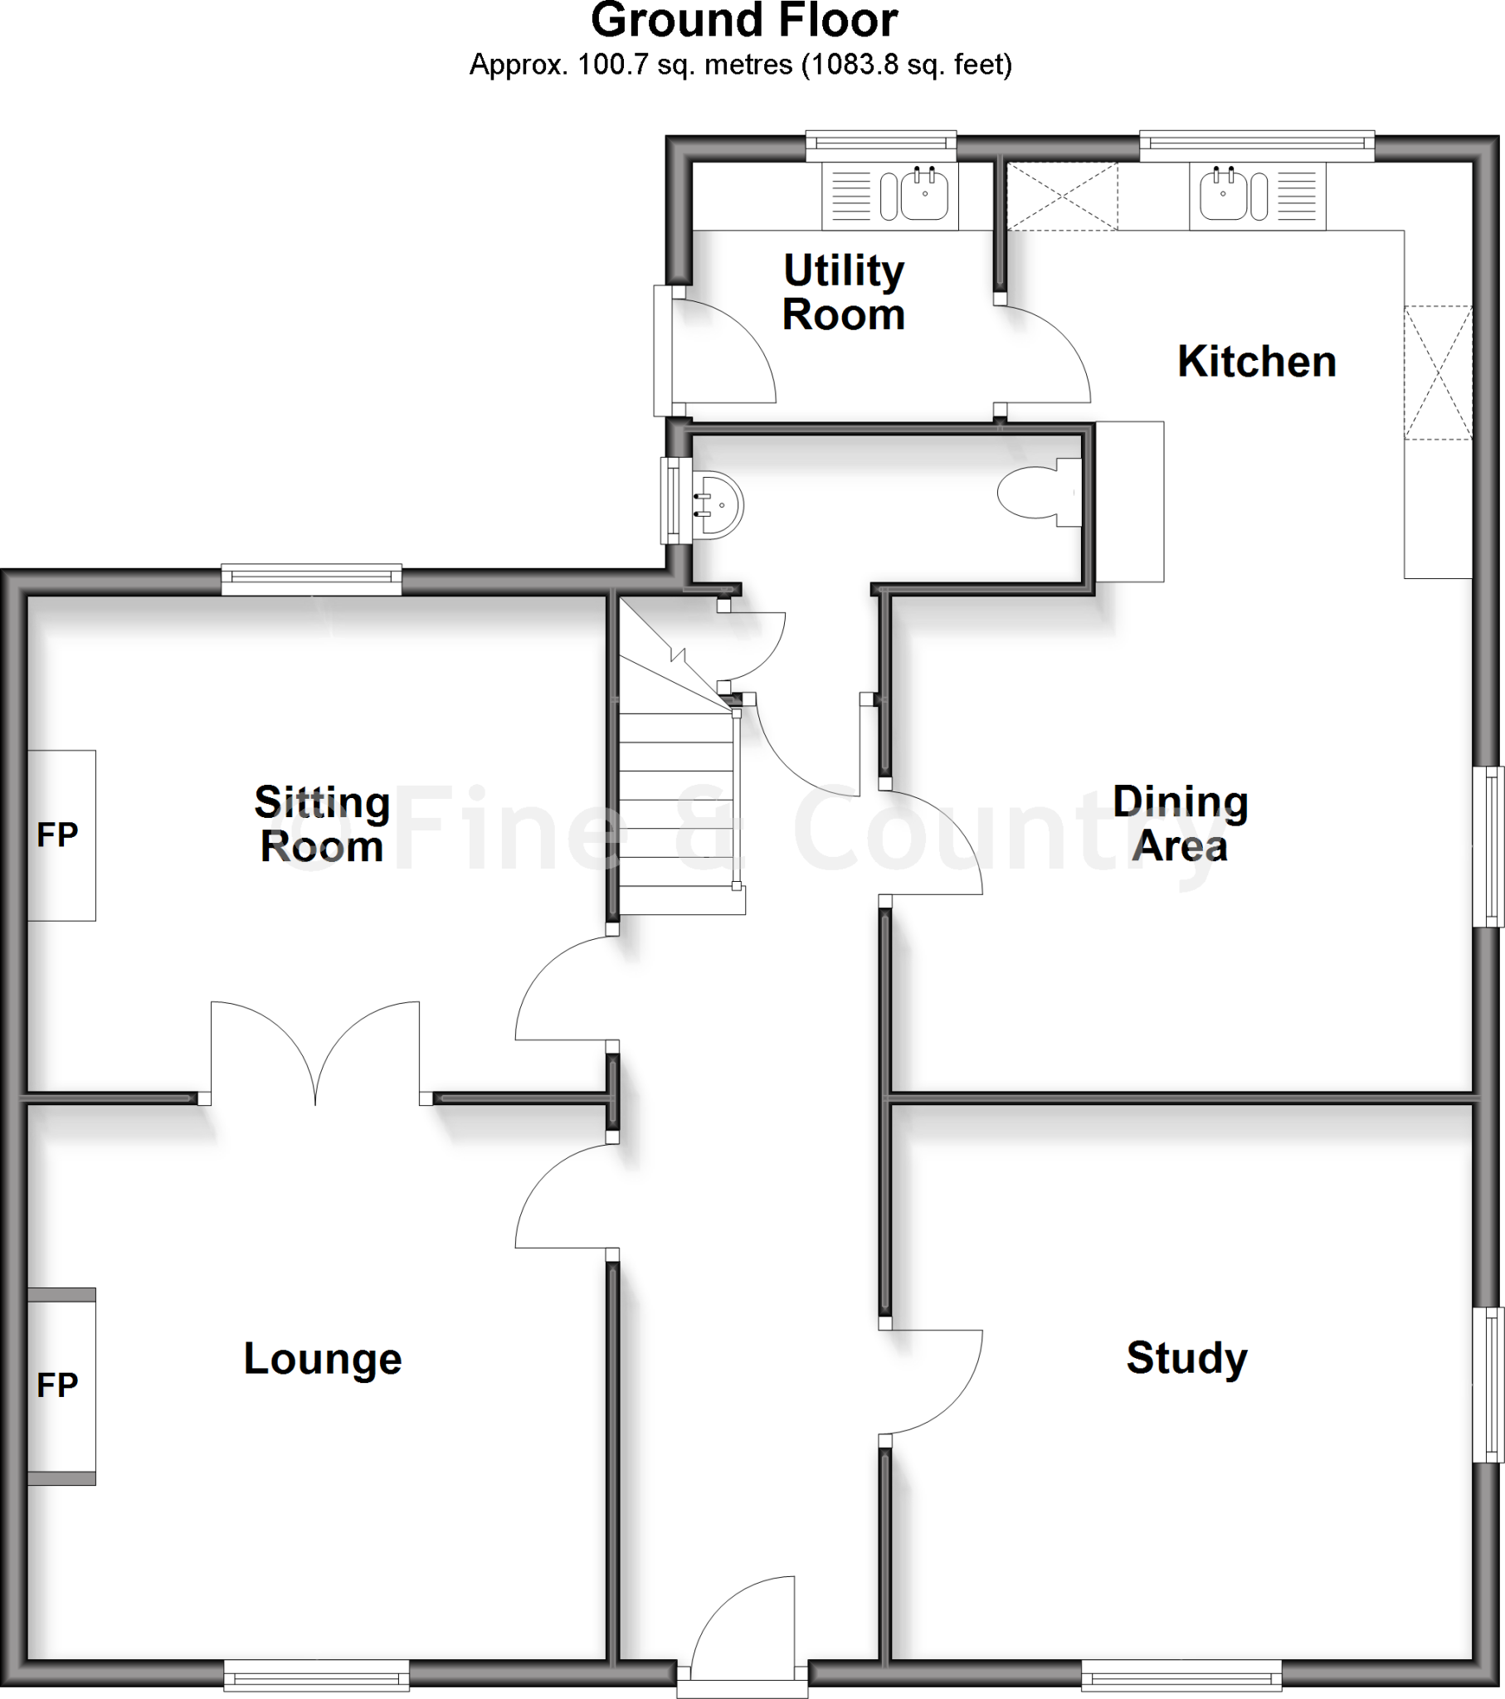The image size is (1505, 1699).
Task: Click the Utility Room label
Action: (843, 293)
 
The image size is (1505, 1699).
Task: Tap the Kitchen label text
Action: (1256, 362)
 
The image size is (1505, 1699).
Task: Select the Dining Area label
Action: (1180, 824)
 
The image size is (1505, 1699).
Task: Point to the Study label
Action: (1186, 1359)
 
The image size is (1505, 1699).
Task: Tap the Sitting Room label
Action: (322, 824)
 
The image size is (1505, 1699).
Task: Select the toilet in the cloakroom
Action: (1035, 493)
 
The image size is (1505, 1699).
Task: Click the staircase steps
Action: (678, 815)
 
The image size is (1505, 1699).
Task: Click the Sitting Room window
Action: (312, 579)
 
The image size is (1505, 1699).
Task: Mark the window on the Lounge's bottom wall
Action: (316, 1674)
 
